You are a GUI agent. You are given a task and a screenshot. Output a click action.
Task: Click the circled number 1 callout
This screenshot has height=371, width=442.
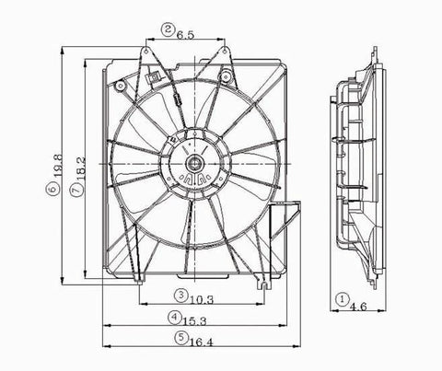tap(342, 299)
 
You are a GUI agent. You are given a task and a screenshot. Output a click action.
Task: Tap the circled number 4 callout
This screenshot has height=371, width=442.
tap(175, 318)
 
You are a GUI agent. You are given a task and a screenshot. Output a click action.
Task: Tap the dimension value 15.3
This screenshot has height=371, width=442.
tap(193, 319)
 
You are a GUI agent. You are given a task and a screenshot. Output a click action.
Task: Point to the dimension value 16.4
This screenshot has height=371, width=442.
tap(192, 339)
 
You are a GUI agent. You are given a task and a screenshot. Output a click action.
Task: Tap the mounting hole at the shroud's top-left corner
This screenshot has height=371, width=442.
tap(121, 87)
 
